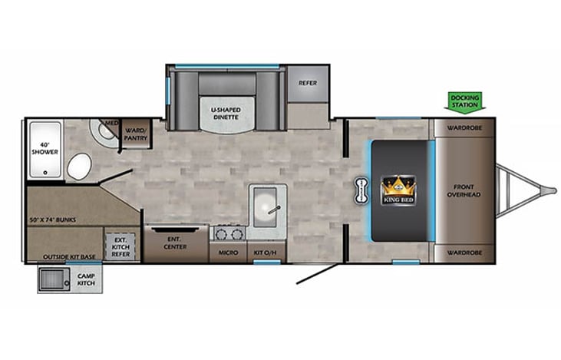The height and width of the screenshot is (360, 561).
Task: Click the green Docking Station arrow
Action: pos(464,101)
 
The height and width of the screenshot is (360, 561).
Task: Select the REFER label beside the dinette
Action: pos(307,84)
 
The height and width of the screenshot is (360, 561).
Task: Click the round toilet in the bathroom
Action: pos(78,165)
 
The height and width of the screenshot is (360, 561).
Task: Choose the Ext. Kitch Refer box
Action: pos(120,246)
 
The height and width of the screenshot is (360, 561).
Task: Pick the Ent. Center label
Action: pos(176,243)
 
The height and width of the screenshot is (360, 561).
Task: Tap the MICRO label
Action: pos(227,251)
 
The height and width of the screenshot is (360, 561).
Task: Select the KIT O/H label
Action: pos(266,251)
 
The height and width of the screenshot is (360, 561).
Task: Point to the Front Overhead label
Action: pos(464,190)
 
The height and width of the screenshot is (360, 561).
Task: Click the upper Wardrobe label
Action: pos(464,127)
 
